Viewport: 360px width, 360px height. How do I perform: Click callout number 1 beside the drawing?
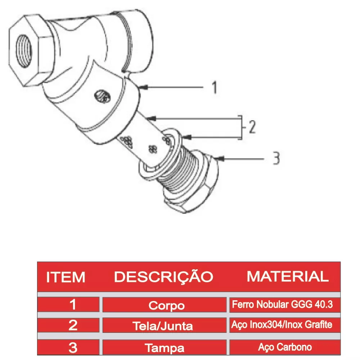point(215,87)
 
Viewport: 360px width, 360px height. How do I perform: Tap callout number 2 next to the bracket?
point(252,128)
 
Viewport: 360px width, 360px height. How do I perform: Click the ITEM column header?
point(66,277)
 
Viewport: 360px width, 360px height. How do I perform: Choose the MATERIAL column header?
point(287,276)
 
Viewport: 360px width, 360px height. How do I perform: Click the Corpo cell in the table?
point(166,306)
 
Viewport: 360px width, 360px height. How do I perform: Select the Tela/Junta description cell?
point(163,326)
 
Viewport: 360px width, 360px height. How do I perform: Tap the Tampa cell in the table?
point(165,348)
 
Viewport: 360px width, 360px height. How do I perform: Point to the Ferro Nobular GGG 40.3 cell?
point(282,305)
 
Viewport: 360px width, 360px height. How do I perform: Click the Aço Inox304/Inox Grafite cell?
point(282,325)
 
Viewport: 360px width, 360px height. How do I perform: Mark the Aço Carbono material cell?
point(285,347)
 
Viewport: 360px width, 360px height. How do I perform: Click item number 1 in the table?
point(73,305)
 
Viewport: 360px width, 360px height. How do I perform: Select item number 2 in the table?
point(73,326)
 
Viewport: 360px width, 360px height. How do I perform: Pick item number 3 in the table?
point(73,347)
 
